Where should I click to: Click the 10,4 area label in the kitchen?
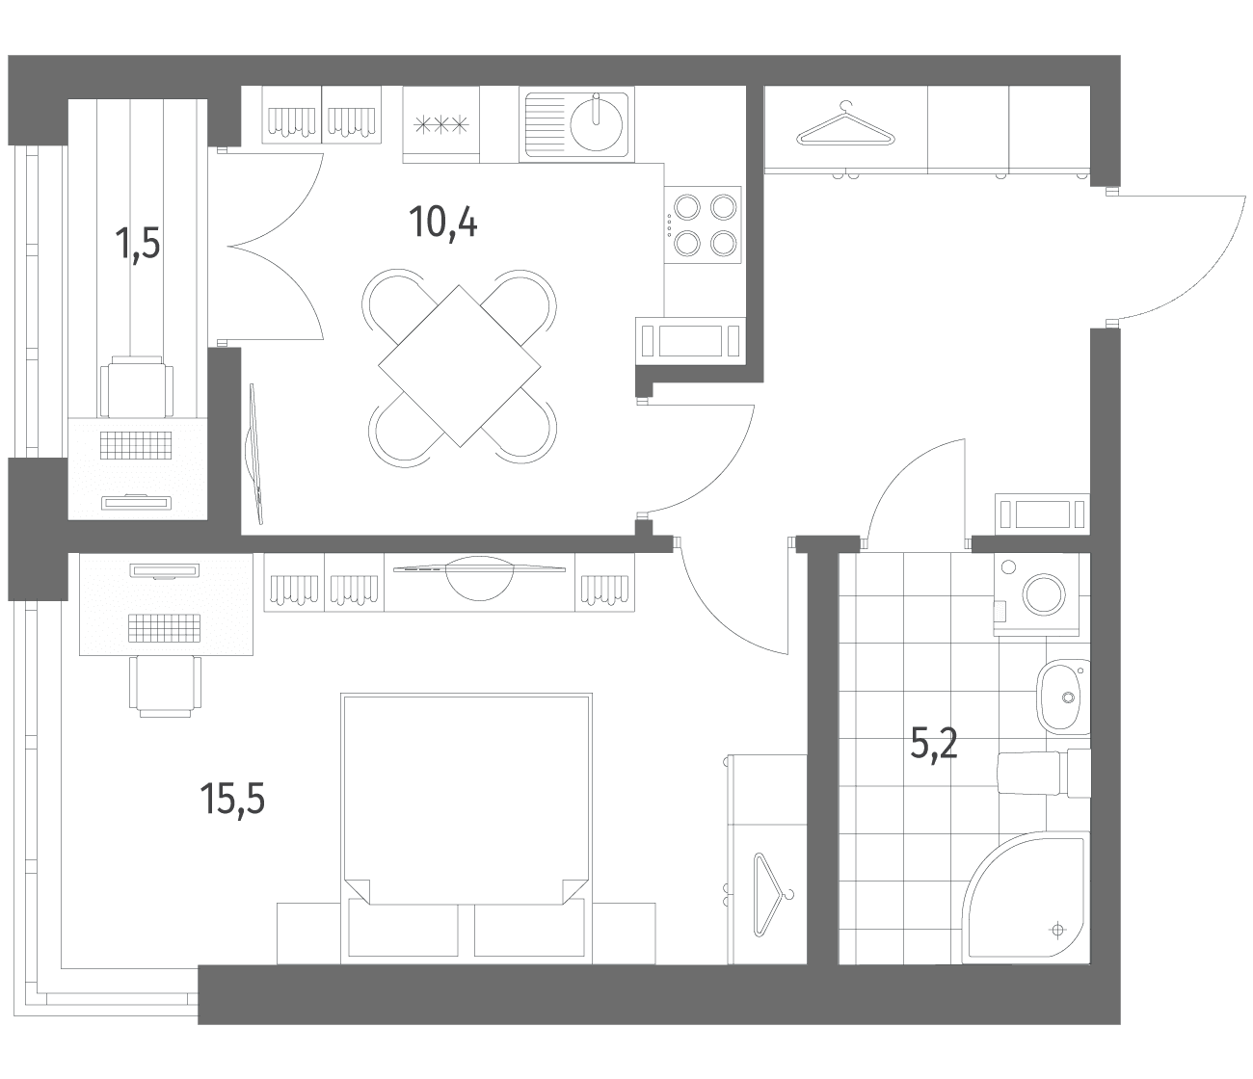(x=443, y=222)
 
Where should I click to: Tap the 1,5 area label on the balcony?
(x=138, y=244)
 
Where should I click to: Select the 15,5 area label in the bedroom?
(x=232, y=799)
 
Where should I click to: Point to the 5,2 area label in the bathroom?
(x=934, y=744)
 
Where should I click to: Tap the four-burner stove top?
(x=703, y=224)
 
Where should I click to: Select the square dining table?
(x=460, y=366)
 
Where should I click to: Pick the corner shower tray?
(x=1026, y=900)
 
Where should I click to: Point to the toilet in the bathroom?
(x=1044, y=773)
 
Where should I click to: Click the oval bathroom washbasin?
(x=1064, y=697)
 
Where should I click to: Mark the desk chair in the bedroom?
(x=165, y=686)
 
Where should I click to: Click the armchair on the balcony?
(x=137, y=386)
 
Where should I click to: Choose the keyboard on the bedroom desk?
(x=164, y=628)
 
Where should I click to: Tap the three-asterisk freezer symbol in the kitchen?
(x=441, y=125)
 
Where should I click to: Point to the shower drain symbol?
(x=1057, y=930)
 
